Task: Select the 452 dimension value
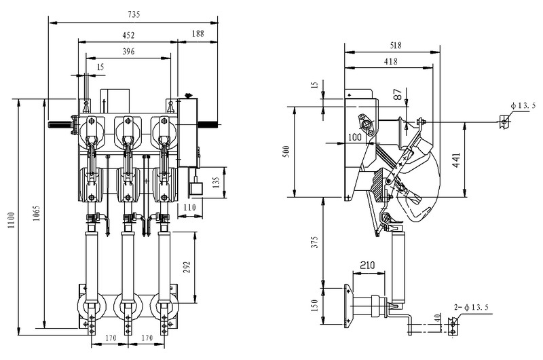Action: (128, 35)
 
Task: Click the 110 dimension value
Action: (190, 206)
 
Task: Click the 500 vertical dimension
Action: (286, 151)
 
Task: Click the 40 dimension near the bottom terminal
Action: (437, 319)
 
